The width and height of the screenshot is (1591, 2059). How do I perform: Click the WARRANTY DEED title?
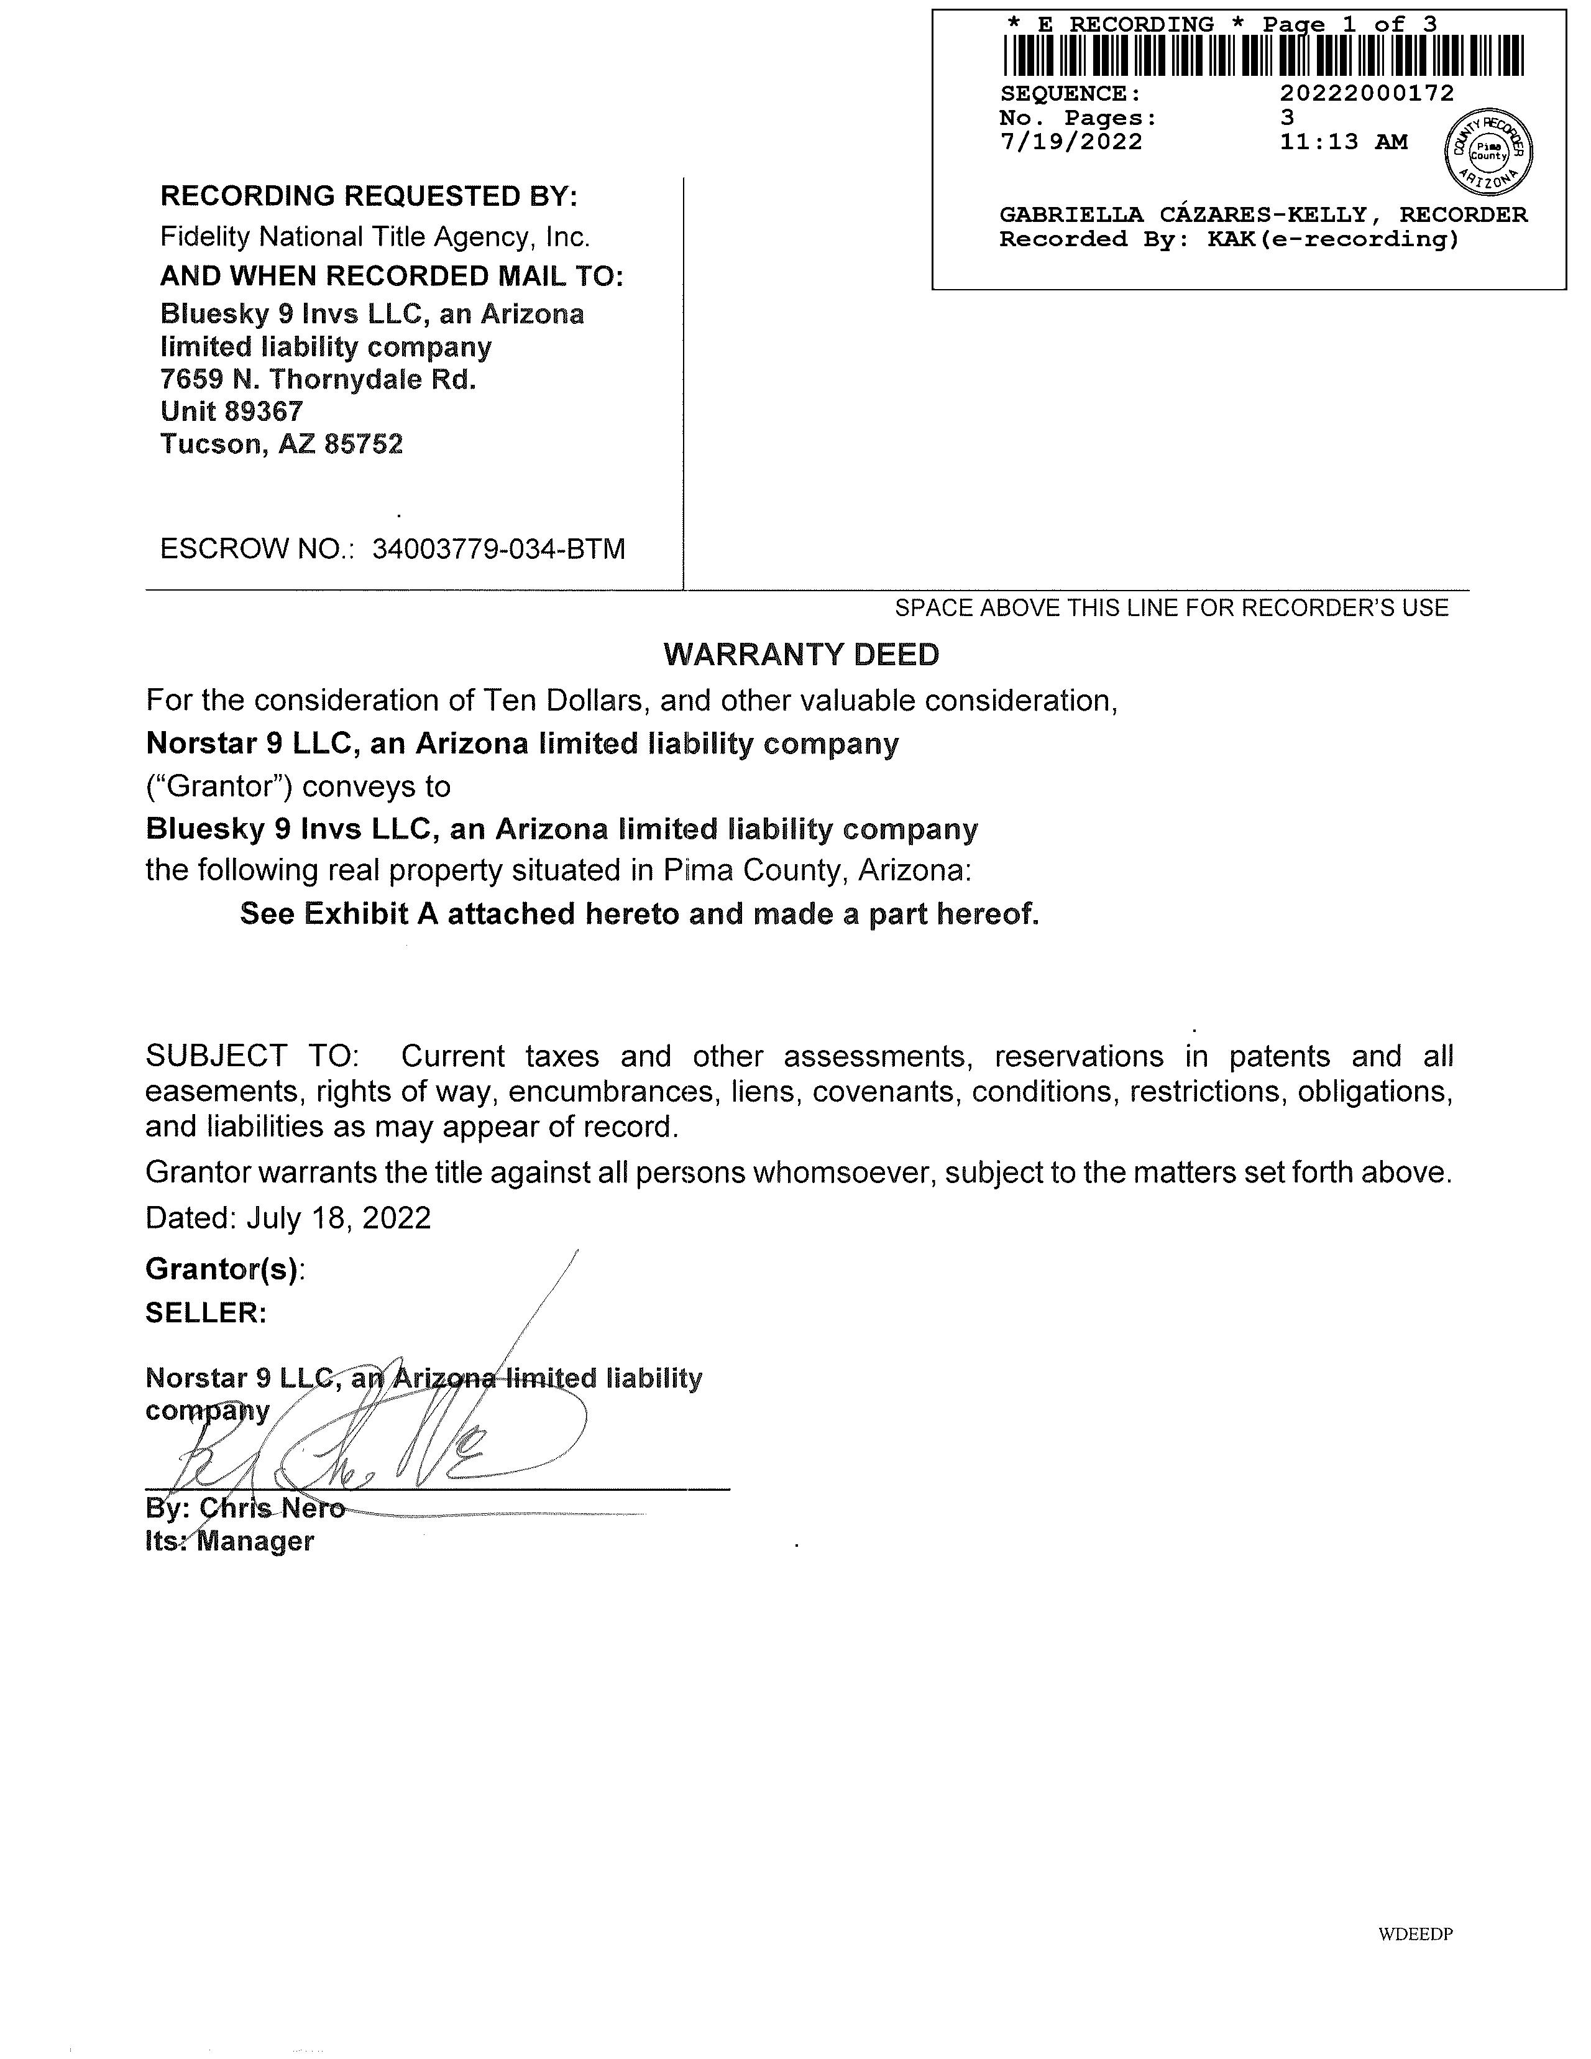coord(801,654)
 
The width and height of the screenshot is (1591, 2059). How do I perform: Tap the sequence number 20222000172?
coord(1367,93)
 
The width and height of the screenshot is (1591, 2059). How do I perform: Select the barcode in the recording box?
coord(1262,55)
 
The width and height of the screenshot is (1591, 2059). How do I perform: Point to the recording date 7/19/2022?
coord(1071,142)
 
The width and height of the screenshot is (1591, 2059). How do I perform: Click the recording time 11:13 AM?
coord(1343,142)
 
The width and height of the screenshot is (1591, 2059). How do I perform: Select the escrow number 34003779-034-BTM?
coord(498,549)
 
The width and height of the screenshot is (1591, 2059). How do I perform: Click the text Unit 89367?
coord(232,411)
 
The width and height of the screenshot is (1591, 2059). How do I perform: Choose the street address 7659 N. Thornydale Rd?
coord(318,379)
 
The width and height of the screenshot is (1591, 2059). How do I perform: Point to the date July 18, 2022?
coord(338,1218)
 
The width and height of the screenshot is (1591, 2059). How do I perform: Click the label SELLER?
coord(206,1312)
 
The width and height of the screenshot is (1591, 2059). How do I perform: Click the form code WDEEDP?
coord(1414,1935)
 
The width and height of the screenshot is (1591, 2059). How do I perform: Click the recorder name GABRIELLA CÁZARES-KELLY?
coord(1183,215)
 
